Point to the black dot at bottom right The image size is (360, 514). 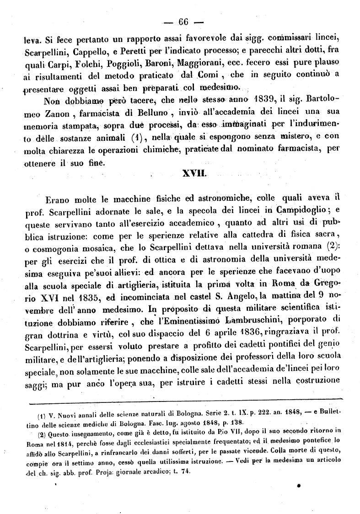tap(298, 486)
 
